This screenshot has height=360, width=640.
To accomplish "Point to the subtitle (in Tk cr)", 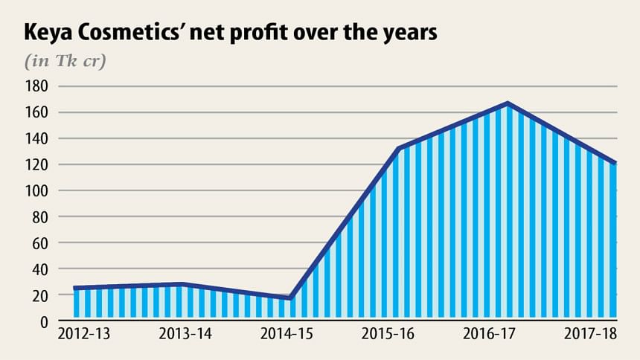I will [66, 60].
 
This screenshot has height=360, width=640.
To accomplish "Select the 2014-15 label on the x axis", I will [286, 335].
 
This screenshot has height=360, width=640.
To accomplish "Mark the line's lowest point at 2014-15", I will [290, 298].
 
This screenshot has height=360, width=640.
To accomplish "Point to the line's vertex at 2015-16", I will [400, 149].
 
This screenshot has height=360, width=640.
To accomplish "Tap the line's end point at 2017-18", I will [615, 163].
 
